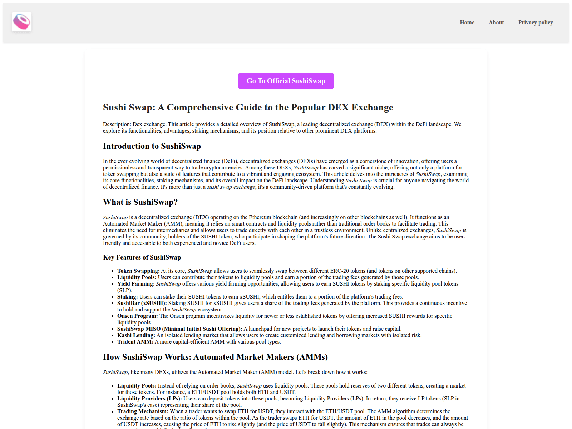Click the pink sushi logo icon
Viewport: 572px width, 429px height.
tap(21, 22)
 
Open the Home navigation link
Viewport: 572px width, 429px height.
tap(467, 23)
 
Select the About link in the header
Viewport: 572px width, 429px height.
tap(496, 23)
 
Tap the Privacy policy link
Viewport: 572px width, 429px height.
tap(536, 23)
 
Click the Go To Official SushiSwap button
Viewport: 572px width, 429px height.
tap(286, 81)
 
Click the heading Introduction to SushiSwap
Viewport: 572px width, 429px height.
tap(152, 146)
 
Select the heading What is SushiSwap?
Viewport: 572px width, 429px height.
tap(140, 202)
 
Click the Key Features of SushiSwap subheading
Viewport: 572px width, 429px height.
tap(142, 257)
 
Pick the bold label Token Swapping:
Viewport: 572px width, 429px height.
tap(138, 271)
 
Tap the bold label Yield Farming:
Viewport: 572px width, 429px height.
tap(136, 284)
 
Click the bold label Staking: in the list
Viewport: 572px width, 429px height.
tap(127, 297)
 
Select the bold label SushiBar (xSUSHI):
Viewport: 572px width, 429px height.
tap(142, 303)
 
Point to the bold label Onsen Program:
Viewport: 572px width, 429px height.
tap(137, 316)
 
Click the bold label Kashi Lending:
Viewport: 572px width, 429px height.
tap(136, 335)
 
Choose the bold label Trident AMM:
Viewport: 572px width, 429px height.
tap(135, 342)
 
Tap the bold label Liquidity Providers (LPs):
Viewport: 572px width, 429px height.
tap(149, 399)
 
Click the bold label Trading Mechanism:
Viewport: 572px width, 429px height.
tap(143, 411)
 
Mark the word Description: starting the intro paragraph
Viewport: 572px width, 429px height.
tap(117, 124)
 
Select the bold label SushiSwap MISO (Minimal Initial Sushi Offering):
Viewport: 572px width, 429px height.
tap(179, 329)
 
